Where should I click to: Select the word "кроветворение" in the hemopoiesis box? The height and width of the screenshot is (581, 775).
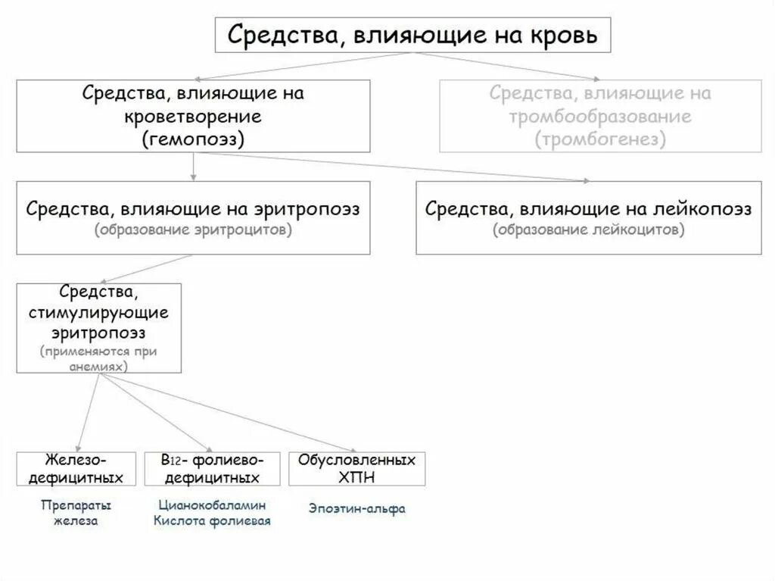coord(193,117)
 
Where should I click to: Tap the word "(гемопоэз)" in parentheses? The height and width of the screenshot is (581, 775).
coord(193,139)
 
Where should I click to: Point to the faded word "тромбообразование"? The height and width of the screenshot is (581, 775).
coord(600,117)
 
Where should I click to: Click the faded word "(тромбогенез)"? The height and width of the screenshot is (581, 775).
coord(600,139)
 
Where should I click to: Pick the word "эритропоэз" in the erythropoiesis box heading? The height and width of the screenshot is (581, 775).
coord(312,208)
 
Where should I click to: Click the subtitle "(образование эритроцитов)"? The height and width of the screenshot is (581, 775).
coord(193,230)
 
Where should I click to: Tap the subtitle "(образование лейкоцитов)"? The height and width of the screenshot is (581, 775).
coord(588,230)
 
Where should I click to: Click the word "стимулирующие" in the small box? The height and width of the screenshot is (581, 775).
coord(99,312)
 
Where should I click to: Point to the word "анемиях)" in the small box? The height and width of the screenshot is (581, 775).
coord(99,364)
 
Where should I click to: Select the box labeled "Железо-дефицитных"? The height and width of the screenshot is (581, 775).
coord(76,469)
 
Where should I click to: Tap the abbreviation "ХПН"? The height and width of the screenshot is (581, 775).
coord(357,477)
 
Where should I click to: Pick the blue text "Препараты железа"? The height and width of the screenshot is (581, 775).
coord(76,513)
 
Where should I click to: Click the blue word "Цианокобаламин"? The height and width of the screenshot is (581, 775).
coord(212,505)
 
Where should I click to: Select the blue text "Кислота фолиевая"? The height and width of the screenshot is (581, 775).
coord(212,520)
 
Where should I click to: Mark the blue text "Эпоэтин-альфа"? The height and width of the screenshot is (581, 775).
coord(356,509)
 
